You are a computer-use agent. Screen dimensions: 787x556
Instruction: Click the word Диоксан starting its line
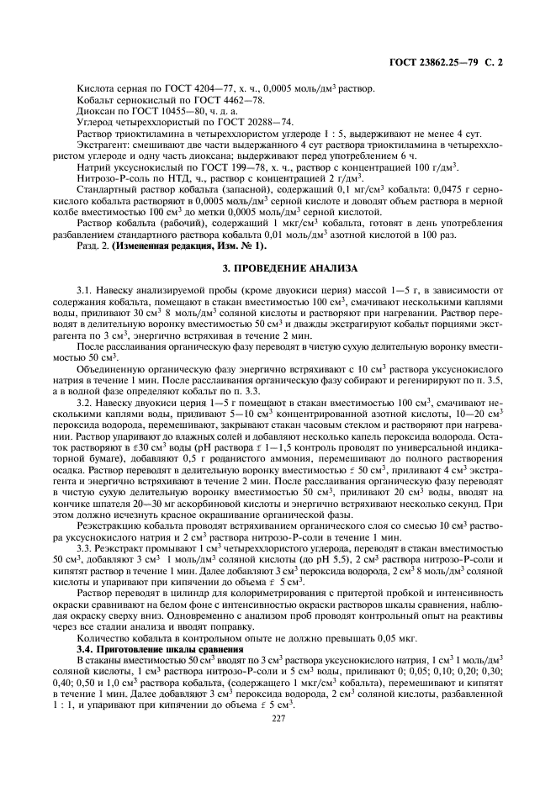(93, 111)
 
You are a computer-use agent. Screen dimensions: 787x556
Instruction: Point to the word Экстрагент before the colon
(101, 145)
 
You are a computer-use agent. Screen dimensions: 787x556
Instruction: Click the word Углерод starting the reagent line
(95, 122)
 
